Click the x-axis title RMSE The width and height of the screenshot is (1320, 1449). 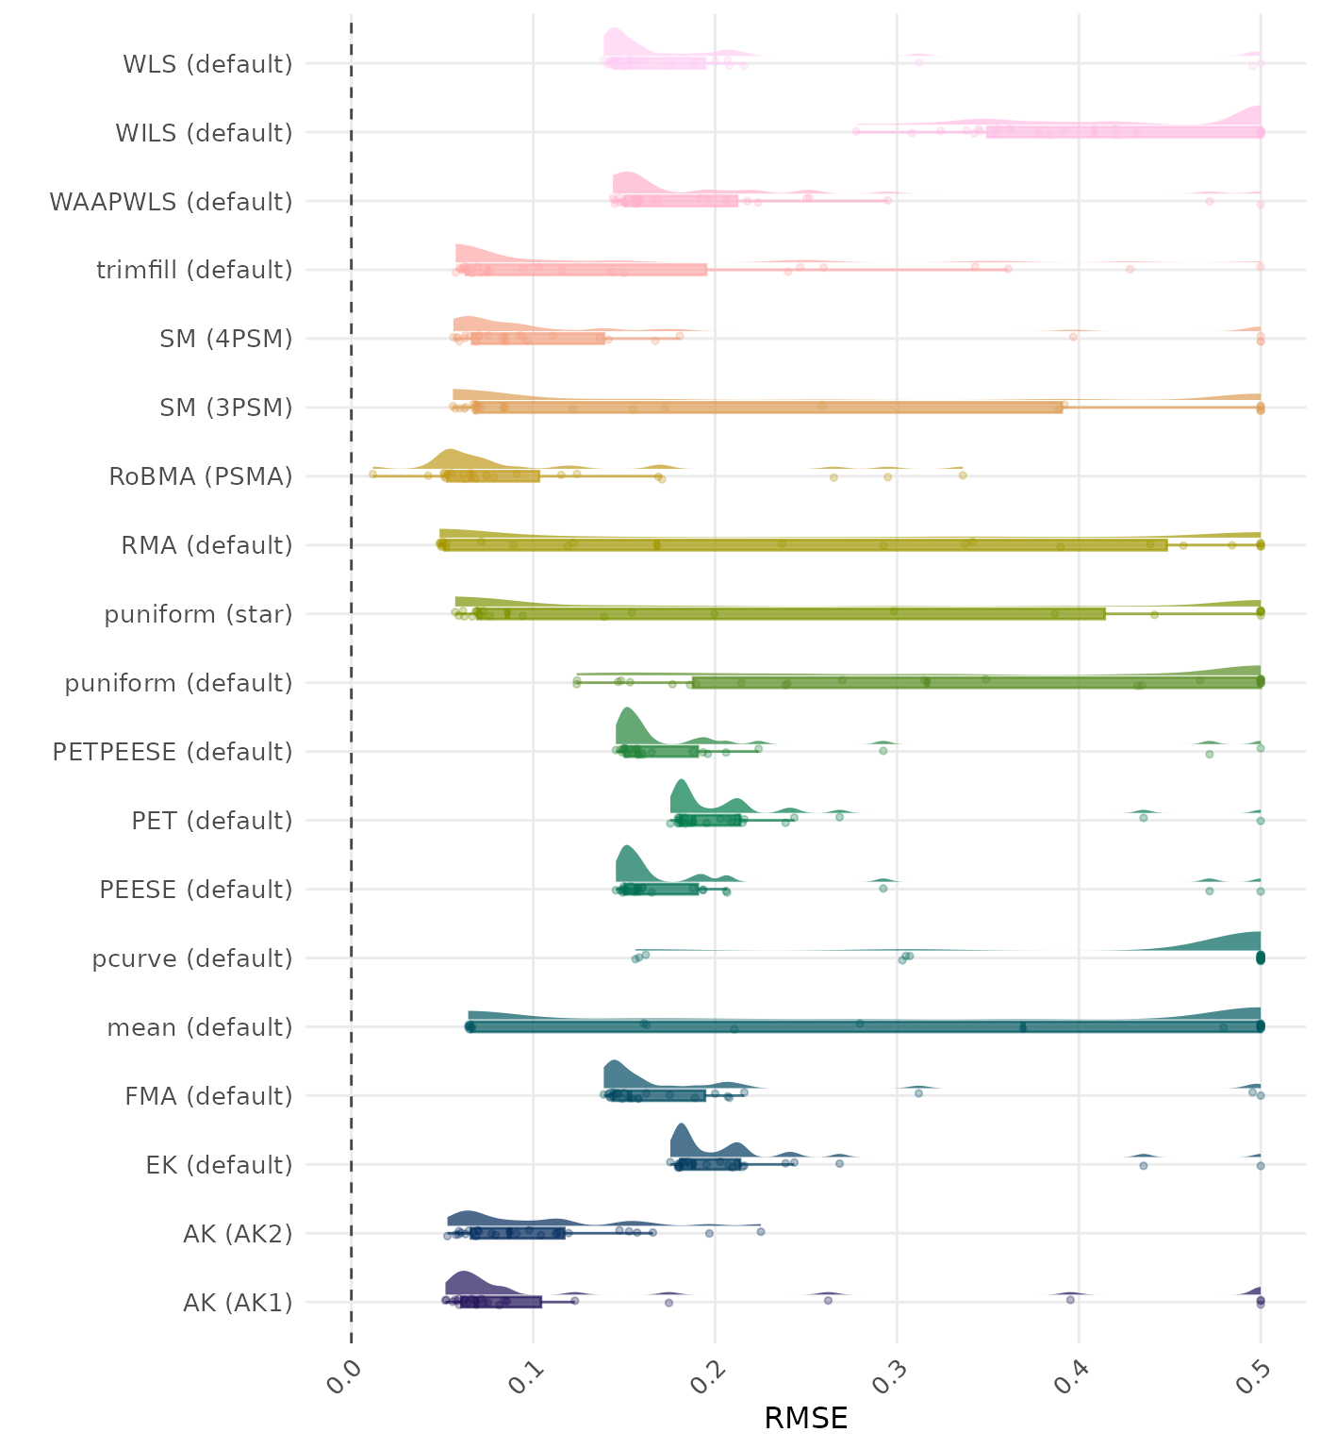[805, 1418]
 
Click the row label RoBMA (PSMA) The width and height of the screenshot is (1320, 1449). [200, 476]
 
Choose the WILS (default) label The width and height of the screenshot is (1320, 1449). [204, 133]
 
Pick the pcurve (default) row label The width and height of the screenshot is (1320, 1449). [192, 958]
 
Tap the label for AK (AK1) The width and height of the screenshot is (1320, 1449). [238, 1303]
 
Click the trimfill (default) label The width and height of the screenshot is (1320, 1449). [194, 271]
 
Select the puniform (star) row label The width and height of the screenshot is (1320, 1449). [198, 614]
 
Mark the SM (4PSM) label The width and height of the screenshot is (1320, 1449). [226, 339]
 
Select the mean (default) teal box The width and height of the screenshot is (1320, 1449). [864, 1026]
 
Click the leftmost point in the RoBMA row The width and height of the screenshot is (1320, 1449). [372, 475]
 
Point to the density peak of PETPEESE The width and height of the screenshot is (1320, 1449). [628, 709]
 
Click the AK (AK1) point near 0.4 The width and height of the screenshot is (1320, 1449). [1070, 1299]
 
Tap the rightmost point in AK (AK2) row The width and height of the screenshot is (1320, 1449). [761, 1231]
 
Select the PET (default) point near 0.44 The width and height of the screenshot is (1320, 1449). [1143, 817]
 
